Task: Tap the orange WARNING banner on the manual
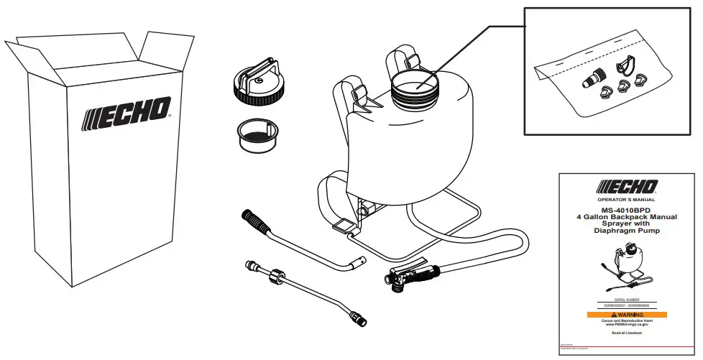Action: click(627, 314)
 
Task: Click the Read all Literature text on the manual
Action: click(626, 333)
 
